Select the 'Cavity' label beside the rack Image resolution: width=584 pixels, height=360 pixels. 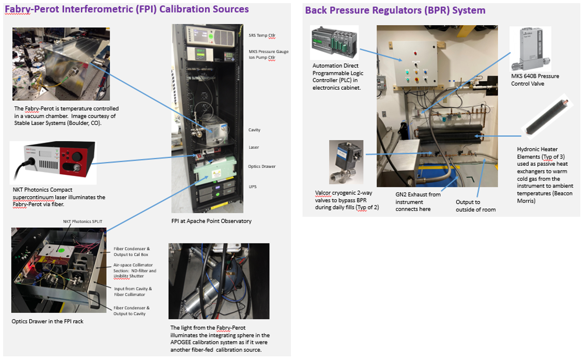[255, 130]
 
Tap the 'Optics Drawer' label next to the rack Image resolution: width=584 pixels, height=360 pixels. [261, 166]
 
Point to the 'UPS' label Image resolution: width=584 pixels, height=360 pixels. [252, 186]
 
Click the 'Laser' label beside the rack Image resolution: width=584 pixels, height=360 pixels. [254, 147]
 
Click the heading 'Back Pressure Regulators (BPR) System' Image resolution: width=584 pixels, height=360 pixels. [395, 10]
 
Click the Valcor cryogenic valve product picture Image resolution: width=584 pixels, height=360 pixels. [345, 160]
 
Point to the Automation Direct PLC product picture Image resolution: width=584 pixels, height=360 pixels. [335, 43]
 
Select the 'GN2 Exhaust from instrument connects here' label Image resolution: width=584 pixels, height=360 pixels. [418, 202]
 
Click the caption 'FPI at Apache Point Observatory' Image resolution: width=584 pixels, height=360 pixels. [211, 221]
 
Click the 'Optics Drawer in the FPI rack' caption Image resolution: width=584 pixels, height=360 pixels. [47, 321]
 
